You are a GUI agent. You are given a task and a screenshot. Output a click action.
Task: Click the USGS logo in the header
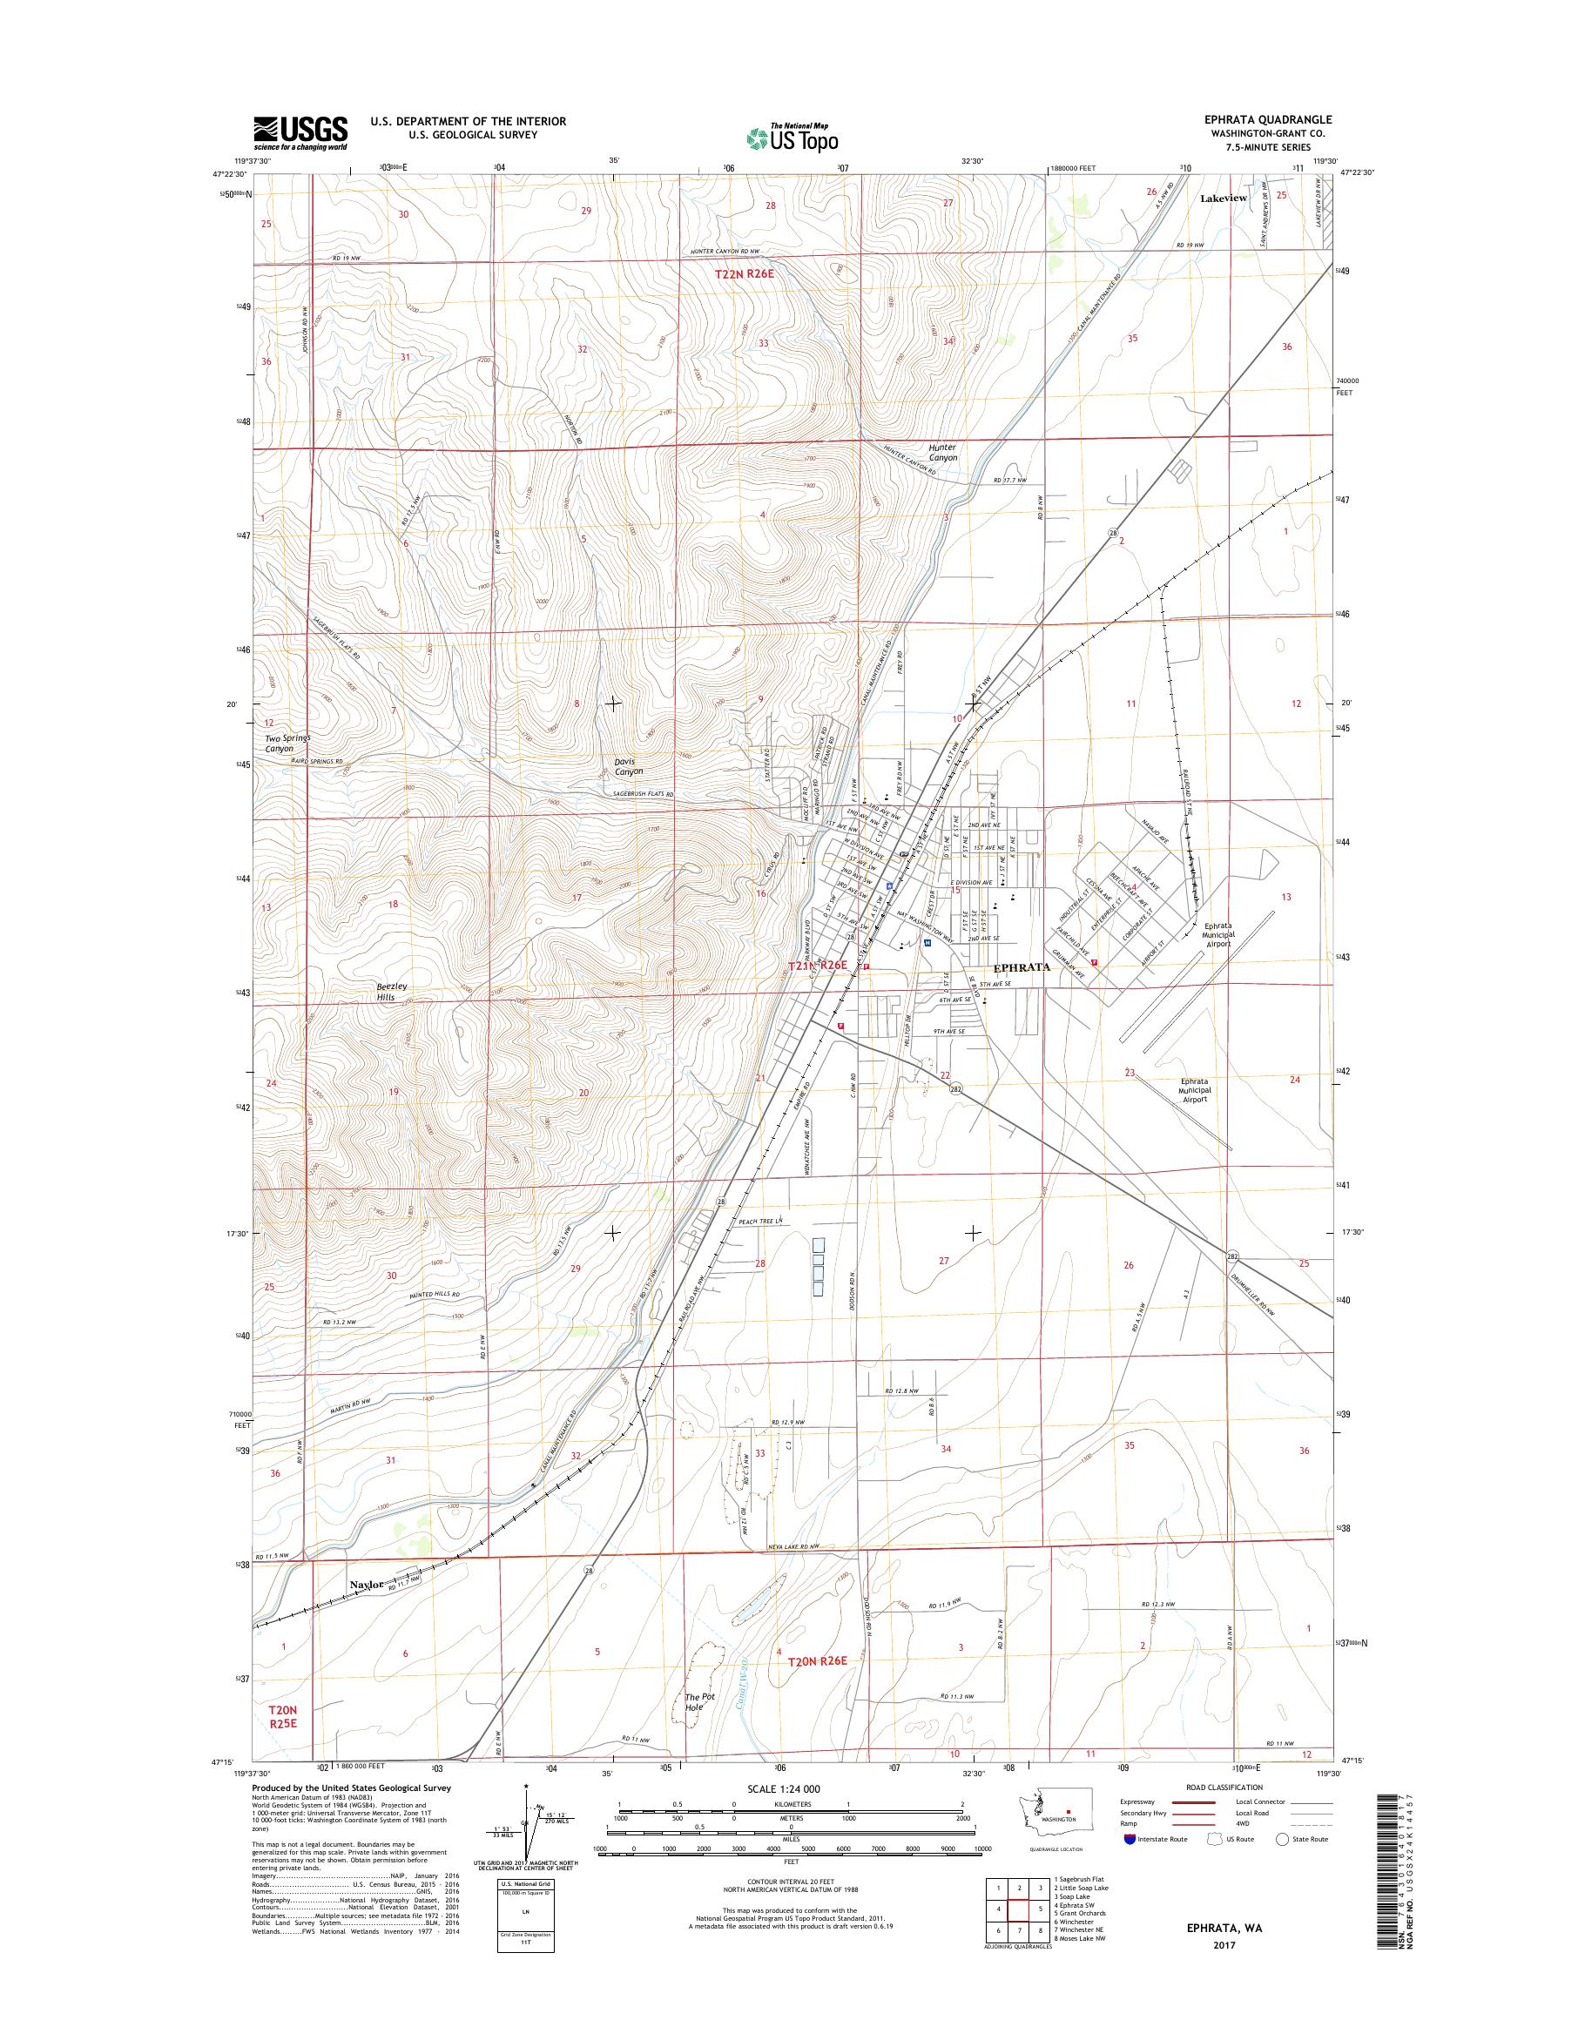300,132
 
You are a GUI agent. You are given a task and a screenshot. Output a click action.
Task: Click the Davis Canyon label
628,765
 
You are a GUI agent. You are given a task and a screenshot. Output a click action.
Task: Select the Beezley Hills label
385,991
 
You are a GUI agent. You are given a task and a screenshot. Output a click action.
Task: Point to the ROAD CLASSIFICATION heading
1223,1813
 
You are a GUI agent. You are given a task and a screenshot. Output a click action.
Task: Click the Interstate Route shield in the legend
1130,1865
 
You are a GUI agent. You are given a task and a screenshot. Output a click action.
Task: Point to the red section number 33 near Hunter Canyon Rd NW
763,343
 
